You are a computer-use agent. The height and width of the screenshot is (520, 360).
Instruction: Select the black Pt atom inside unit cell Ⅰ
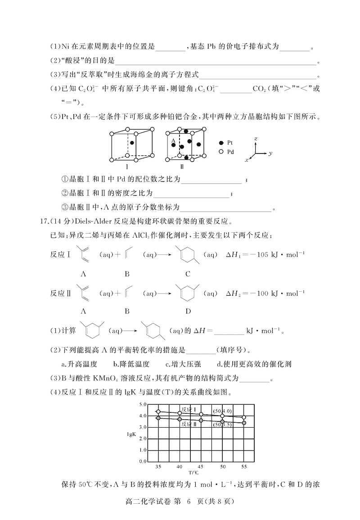132,143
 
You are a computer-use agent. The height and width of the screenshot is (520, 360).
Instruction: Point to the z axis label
256,140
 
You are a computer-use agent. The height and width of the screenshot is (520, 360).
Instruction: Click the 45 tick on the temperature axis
201,467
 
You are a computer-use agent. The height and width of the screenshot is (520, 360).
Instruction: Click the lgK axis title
132,434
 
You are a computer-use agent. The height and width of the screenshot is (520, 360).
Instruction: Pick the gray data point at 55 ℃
244,423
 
